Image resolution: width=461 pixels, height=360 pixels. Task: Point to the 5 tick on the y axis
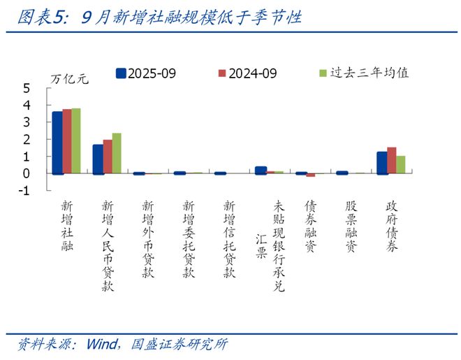27,89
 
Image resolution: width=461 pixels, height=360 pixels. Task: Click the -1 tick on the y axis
25,191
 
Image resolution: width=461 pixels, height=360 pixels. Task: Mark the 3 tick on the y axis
27,122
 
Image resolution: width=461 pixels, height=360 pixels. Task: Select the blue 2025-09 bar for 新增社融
57,143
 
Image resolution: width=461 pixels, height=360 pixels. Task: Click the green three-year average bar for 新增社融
76,141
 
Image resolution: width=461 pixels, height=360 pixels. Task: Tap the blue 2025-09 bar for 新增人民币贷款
98,159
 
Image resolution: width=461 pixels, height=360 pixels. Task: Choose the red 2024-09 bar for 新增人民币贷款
108,157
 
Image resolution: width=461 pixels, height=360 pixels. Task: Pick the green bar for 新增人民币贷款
117,153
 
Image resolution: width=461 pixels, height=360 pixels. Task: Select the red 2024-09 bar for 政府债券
391,160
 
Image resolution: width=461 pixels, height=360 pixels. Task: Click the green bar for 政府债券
401,164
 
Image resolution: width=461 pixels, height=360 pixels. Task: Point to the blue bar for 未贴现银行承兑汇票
261,170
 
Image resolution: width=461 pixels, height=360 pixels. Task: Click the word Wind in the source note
101,345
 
